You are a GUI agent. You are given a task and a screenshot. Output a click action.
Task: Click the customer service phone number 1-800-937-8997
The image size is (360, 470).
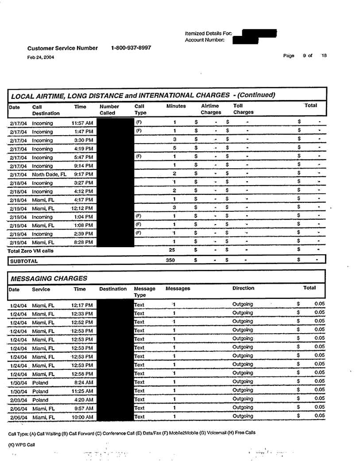point(131,48)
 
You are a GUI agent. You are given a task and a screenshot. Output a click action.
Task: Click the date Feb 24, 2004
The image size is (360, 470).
point(41,57)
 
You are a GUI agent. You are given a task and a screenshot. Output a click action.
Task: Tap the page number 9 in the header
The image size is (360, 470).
point(305,55)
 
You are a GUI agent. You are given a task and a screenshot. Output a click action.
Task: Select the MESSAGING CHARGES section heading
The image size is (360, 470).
point(49,278)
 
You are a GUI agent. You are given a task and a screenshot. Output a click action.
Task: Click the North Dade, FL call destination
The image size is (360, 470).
point(49,174)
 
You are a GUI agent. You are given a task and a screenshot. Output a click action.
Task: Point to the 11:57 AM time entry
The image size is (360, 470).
point(82,123)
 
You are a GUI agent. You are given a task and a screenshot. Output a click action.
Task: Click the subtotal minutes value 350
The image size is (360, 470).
point(170,261)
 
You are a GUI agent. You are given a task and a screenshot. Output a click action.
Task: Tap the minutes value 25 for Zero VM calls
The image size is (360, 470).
point(172,251)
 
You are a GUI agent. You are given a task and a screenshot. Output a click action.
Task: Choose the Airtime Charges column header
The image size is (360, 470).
point(211,109)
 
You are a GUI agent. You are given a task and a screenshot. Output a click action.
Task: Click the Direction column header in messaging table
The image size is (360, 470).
point(243,288)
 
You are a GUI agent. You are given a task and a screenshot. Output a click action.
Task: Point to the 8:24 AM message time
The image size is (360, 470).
point(83,382)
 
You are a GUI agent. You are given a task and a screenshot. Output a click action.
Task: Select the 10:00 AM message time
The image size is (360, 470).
point(82,417)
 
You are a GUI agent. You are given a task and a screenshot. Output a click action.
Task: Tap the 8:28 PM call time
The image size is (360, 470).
point(83,242)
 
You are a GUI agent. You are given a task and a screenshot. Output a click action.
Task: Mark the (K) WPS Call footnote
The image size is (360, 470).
point(22,444)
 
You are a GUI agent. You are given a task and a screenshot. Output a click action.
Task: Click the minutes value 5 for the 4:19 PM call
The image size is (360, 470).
point(174,148)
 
